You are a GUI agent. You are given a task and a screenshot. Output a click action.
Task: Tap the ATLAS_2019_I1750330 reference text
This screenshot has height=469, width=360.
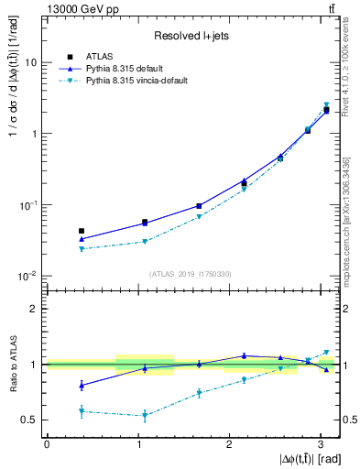[x=191, y=273]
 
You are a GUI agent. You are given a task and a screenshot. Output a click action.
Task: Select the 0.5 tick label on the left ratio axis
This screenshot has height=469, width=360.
[x=31, y=420]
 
